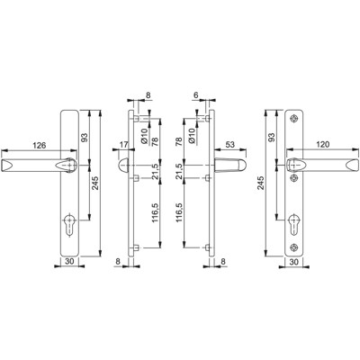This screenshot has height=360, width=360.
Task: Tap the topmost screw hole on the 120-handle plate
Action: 296,119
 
